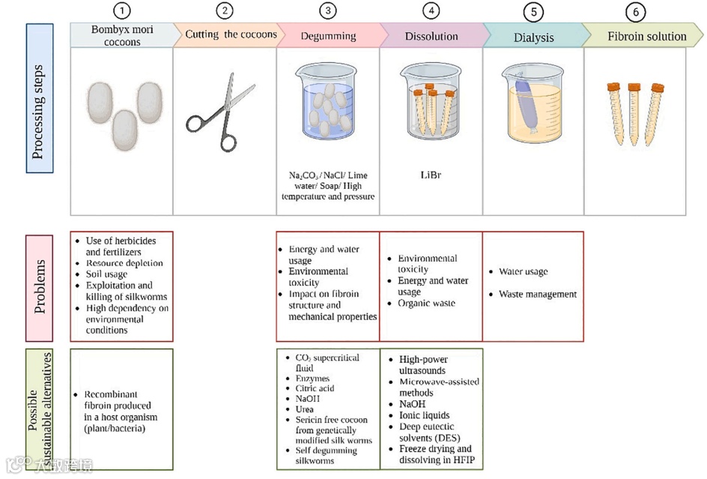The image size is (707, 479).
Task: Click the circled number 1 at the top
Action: tap(121, 10)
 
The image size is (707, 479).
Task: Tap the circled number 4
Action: tap(430, 10)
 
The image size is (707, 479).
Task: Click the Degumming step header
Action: tap(328, 36)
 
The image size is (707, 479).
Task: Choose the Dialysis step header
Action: tap(534, 37)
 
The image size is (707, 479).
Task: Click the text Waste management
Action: tap(538, 295)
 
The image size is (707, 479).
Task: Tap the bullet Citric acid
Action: tap(315, 388)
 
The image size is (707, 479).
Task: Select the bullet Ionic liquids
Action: tap(424, 415)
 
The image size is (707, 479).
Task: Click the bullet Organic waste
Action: tap(426, 303)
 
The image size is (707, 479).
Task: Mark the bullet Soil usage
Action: tap(106, 274)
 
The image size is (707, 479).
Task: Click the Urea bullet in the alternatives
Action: tap(306, 409)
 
